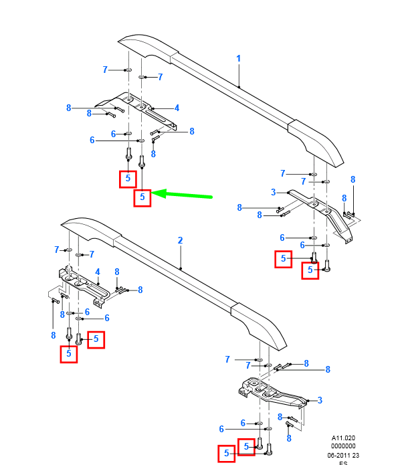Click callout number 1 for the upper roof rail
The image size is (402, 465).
click(x=238, y=59)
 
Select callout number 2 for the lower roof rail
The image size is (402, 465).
click(x=180, y=240)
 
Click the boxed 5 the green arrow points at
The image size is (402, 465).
click(x=142, y=197)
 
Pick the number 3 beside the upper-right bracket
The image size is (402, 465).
click(x=274, y=193)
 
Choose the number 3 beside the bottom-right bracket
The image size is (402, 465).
click(x=320, y=400)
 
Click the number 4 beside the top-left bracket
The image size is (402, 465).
click(x=177, y=108)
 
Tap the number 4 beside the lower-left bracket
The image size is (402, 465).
click(x=98, y=272)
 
